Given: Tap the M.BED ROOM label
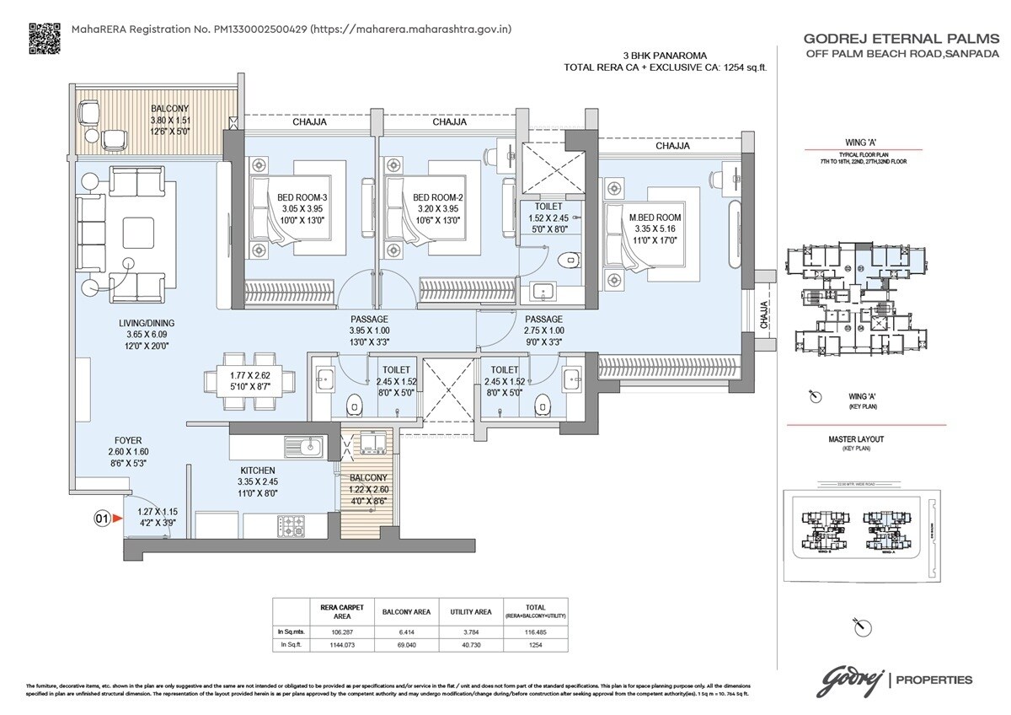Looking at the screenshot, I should coord(655,218).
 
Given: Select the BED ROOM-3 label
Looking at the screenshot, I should coord(302,198).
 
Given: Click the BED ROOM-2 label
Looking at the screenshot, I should coord(438,198).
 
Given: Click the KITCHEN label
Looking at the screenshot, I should coord(257,470).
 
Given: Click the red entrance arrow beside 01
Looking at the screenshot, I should coord(117,519).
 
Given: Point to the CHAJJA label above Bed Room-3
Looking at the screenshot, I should coord(309,122).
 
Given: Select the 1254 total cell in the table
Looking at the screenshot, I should coord(536,644).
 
